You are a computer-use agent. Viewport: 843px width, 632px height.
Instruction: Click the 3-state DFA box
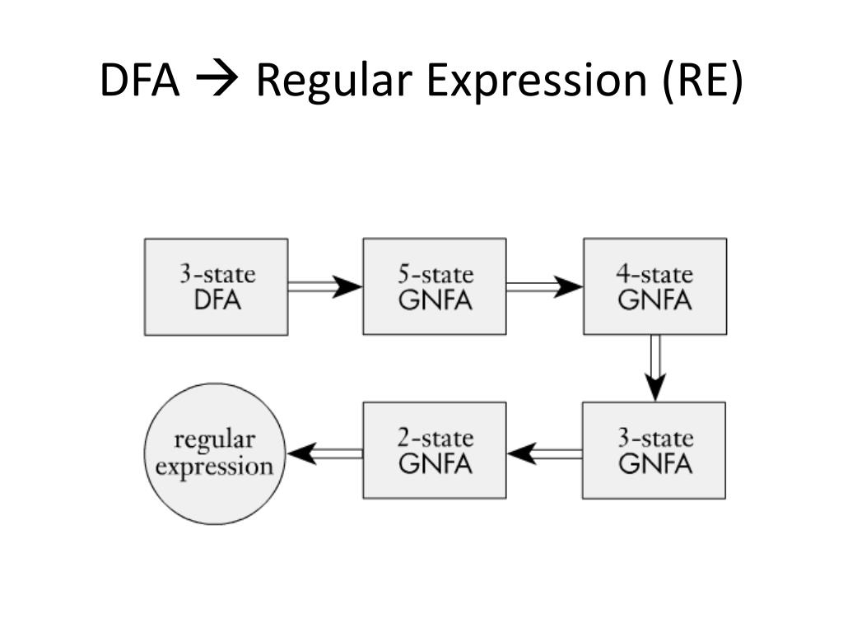coord(217,287)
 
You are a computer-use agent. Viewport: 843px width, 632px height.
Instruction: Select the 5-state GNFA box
coord(435,286)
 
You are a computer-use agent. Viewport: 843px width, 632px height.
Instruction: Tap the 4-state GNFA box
coord(654,286)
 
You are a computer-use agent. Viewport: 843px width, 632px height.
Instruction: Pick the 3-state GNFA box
coord(654,450)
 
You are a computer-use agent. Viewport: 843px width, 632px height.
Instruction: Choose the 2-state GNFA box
coord(435,450)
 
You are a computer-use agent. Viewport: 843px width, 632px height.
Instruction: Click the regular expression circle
coord(215,453)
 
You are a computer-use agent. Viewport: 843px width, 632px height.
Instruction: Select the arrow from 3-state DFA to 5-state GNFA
coord(325,286)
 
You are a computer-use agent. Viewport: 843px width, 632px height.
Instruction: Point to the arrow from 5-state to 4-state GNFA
coord(545,286)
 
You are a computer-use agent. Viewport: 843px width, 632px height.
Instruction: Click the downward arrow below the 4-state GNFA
coord(655,368)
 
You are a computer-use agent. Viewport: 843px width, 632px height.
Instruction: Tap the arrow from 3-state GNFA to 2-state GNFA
coord(544,454)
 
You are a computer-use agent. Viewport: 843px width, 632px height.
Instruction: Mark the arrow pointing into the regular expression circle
coord(324,454)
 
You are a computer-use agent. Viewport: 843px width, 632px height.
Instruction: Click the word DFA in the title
coord(139,80)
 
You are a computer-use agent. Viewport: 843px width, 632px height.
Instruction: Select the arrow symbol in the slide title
coord(217,80)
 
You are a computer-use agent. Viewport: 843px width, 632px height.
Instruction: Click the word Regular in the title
coord(334,81)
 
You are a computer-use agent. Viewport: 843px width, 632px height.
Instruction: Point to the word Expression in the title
coord(537,81)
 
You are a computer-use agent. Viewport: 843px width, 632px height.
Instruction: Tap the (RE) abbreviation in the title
coord(702,81)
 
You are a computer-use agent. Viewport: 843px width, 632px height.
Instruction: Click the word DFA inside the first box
coord(217,300)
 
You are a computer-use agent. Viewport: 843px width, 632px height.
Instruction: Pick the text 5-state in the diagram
coord(435,274)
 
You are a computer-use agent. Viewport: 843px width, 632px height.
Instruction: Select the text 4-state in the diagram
coord(654,274)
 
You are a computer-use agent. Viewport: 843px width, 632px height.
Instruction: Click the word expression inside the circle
coord(215,467)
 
